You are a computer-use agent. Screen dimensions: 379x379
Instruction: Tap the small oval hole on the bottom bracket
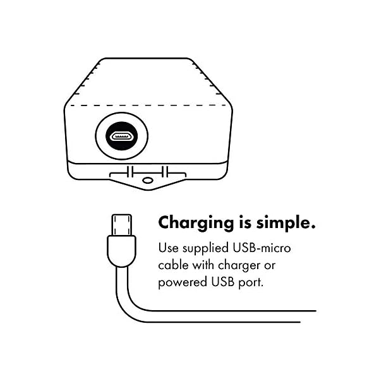(x=148, y=180)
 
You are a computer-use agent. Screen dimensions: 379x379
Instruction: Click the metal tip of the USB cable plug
(x=122, y=224)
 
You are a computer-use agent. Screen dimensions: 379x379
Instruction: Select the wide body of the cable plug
(x=122, y=251)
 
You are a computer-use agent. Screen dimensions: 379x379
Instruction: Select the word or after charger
(x=278, y=263)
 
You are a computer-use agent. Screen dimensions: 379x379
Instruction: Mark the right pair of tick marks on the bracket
(x=165, y=171)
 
